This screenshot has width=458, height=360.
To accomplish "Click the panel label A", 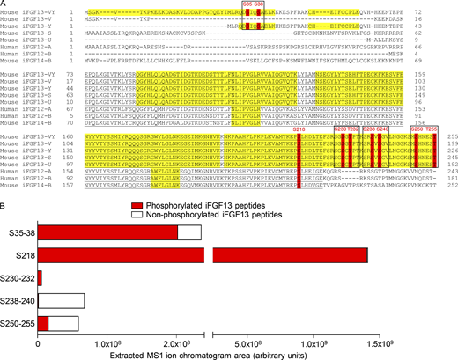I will pyautogui.click(x=4, y=4).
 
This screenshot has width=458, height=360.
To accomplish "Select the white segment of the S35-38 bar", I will pyautogui.click(x=189, y=231).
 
